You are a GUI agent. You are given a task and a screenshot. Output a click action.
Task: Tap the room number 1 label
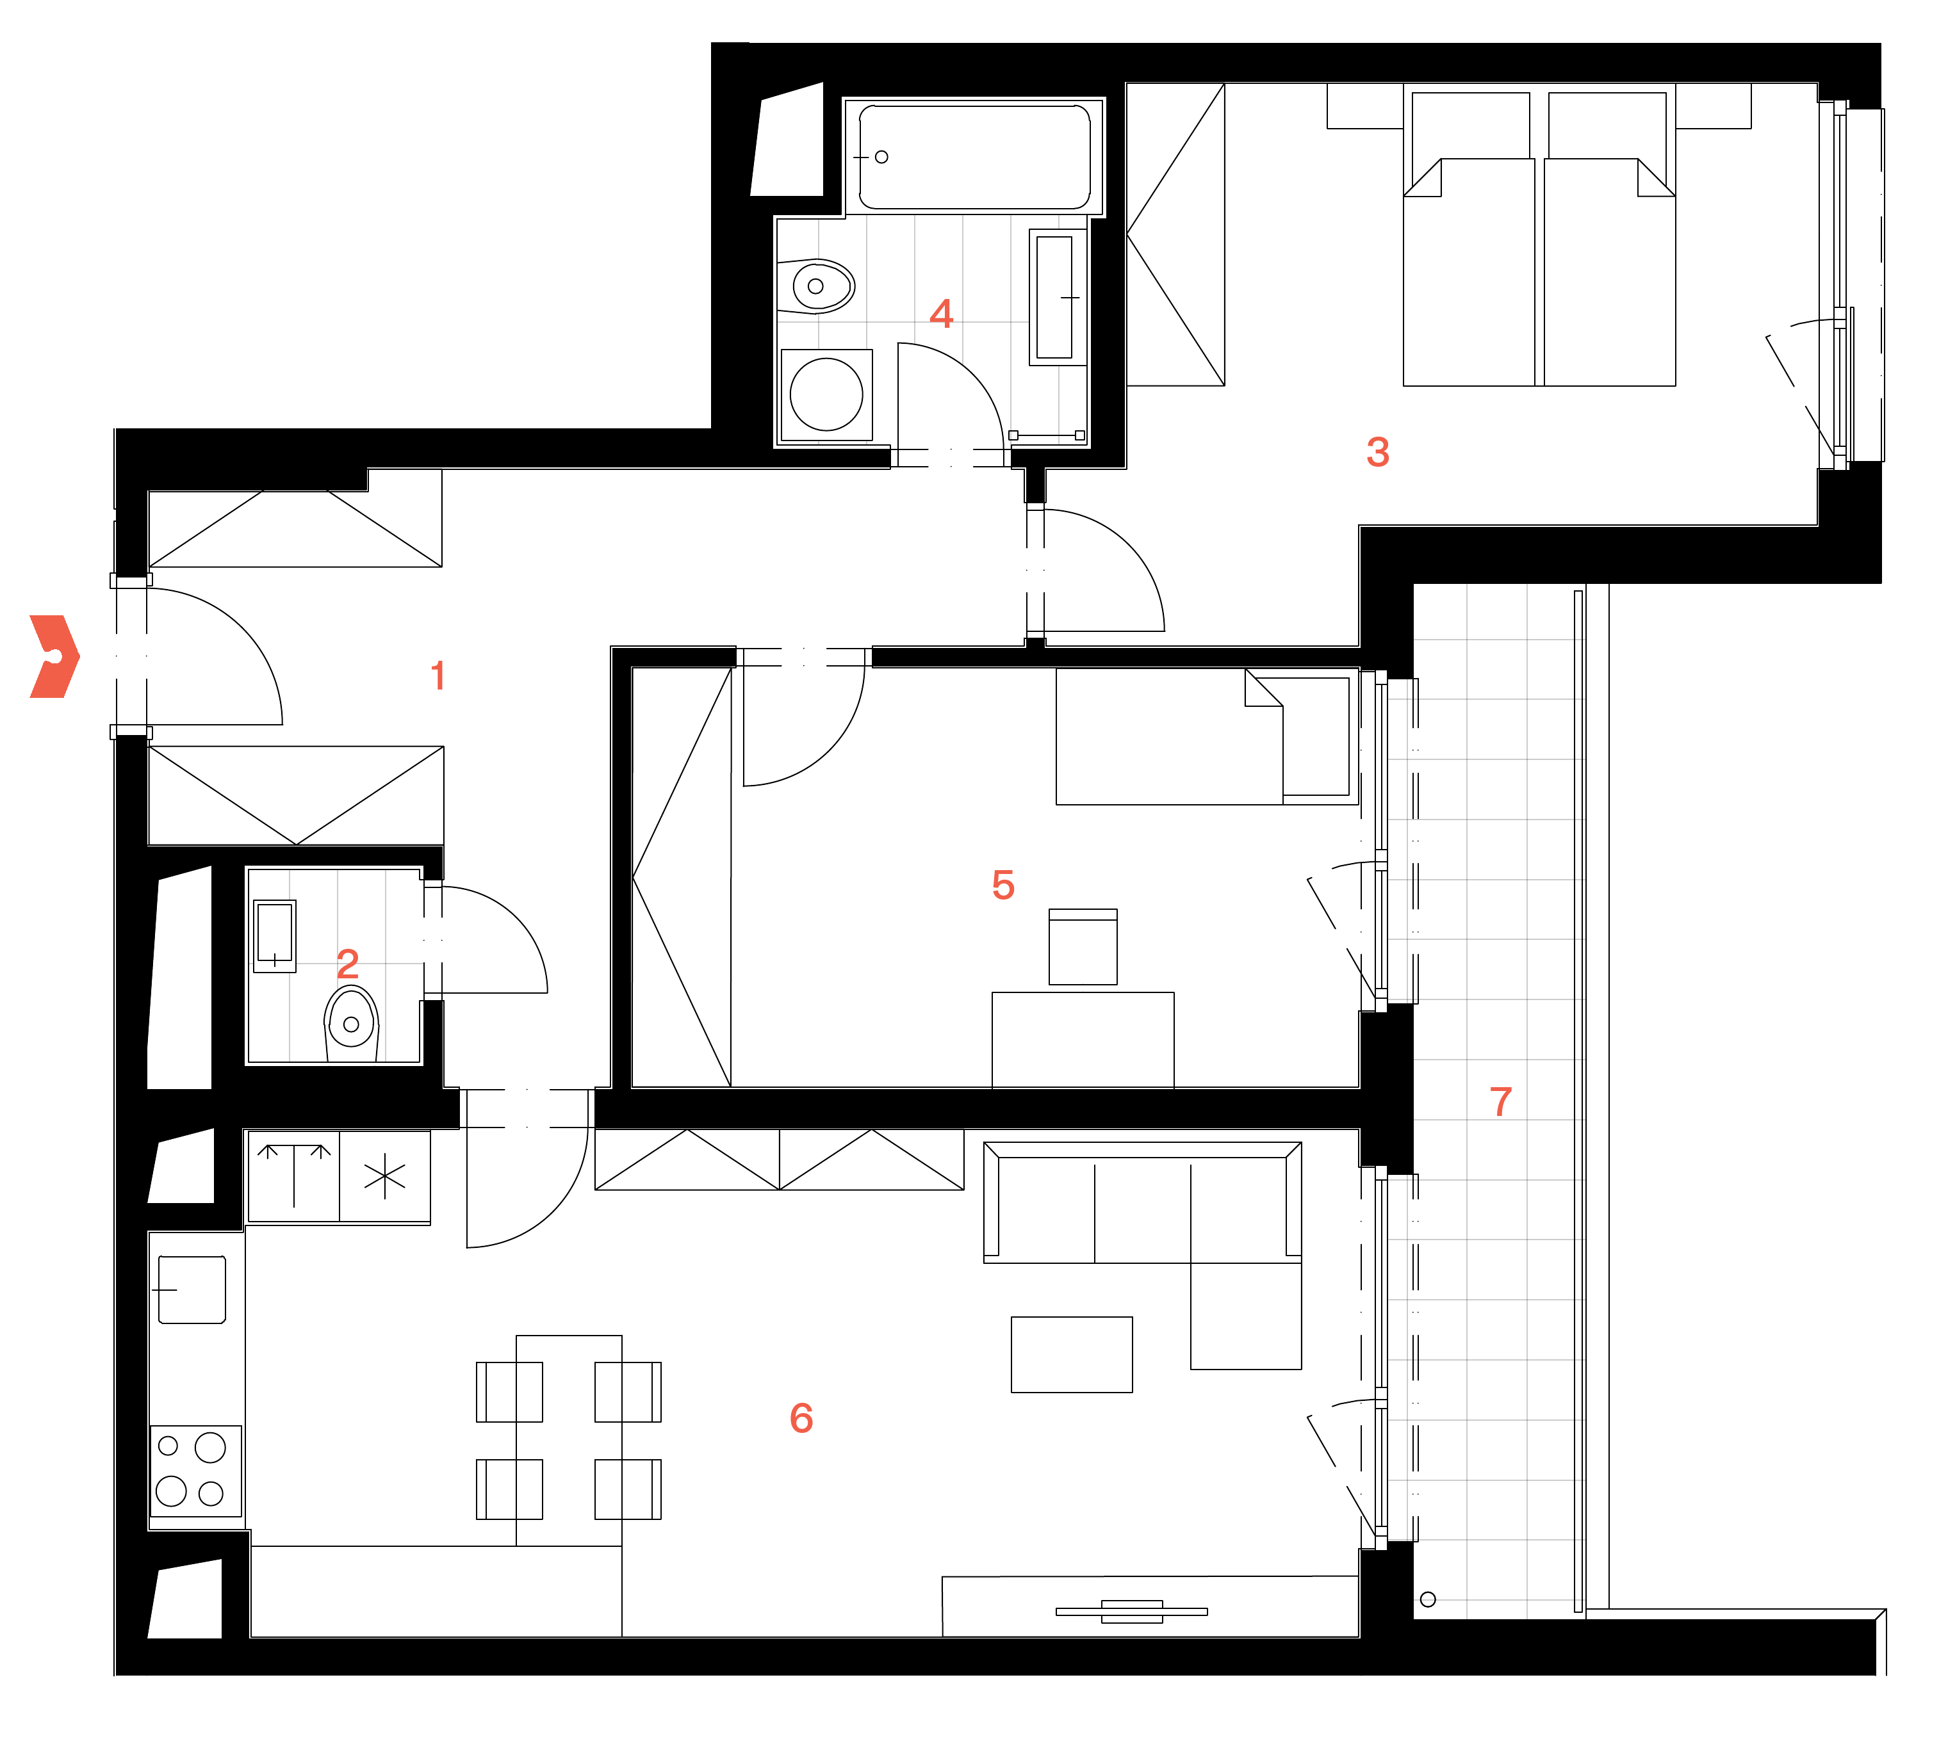coord(439,675)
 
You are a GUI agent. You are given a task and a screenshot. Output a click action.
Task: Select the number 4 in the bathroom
coord(942,314)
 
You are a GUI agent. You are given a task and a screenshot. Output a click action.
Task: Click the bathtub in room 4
coord(974,156)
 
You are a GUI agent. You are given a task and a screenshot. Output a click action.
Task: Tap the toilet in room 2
coord(351,1023)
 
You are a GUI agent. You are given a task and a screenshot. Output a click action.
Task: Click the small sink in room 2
coord(274,935)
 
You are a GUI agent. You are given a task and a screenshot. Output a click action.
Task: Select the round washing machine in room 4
coord(826,394)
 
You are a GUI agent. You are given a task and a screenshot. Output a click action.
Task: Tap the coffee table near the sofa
coord(1072,1355)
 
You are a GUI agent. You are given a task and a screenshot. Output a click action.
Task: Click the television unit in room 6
coord(1131,1612)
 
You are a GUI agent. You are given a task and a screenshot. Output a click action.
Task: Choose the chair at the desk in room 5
coord(1083,946)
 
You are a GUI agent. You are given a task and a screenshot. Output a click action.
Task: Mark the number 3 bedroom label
coord(1378,452)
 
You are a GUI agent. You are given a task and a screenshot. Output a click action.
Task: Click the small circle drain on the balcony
coord(1428,1599)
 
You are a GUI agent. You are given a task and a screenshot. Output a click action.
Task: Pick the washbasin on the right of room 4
coord(1056,297)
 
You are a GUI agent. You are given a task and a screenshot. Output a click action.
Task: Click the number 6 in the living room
coord(801,1418)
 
